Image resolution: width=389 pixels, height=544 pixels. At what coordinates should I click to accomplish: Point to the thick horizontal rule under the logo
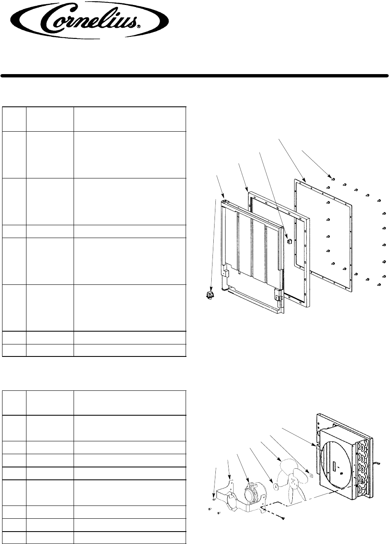click(x=194, y=76)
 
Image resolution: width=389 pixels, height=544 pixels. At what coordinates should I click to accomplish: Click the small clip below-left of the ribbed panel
click(x=210, y=295)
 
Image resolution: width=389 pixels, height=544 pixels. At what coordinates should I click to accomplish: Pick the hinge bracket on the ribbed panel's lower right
click(x=279, y=296)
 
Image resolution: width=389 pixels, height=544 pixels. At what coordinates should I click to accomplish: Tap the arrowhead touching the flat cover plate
click(x=305, y=181)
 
